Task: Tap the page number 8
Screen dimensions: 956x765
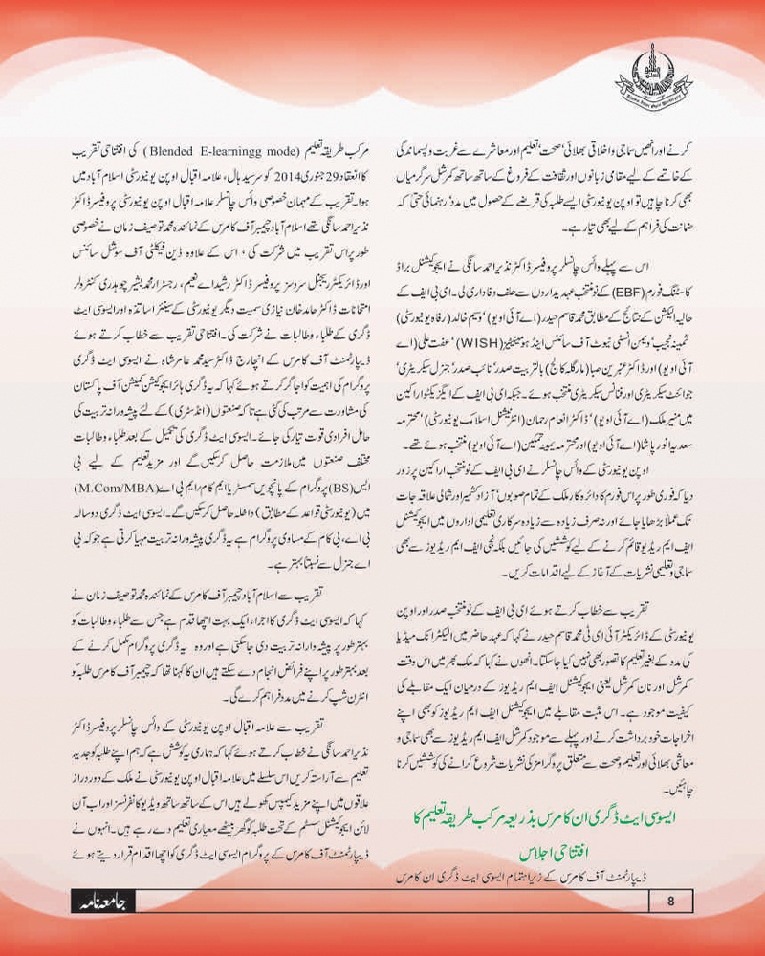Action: (671, 900)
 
